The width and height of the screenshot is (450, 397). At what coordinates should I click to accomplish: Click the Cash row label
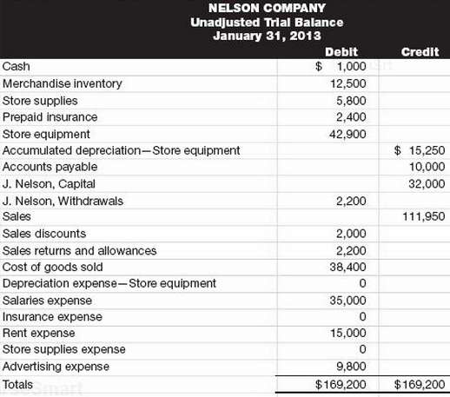[x=15, y=67]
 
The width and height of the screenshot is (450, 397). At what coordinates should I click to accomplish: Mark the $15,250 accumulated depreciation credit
[x=420, y=150]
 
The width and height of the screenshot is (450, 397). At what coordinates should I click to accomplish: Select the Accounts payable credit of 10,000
[x=427, y=167]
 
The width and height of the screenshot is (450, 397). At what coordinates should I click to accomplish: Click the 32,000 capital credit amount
[x=427, y=184]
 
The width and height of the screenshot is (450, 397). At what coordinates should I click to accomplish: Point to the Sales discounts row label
[x=44, y=234]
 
